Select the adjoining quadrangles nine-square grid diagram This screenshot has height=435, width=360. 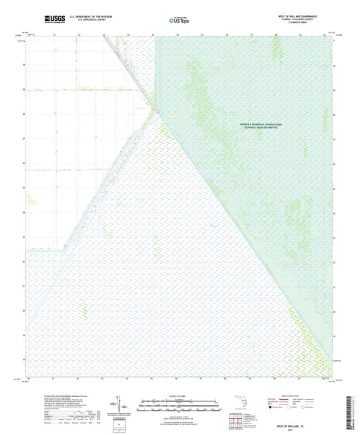237,422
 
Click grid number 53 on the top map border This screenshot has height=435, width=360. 103,33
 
